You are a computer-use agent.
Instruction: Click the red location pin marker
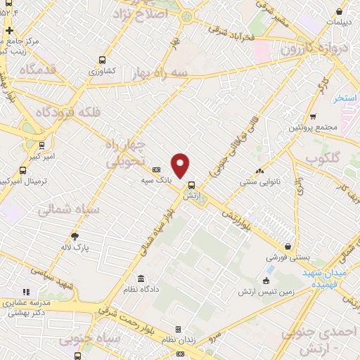(x=181, y=165)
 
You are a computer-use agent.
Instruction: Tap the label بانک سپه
(x=156, y=181)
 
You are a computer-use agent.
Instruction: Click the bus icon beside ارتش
(x=191, y=186)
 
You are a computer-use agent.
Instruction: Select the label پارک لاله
(x=75, y=247)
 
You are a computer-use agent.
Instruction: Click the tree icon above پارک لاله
(x=75, y=236)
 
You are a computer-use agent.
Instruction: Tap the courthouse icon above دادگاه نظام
(x=143, y=278)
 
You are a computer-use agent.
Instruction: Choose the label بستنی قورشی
(x=288, y=258)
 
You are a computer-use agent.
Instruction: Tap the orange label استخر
(x=346, y=97)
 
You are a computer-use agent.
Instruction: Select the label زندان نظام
(x=178, y=340)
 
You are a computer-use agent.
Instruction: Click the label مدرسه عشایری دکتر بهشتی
(x=26, y=308)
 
